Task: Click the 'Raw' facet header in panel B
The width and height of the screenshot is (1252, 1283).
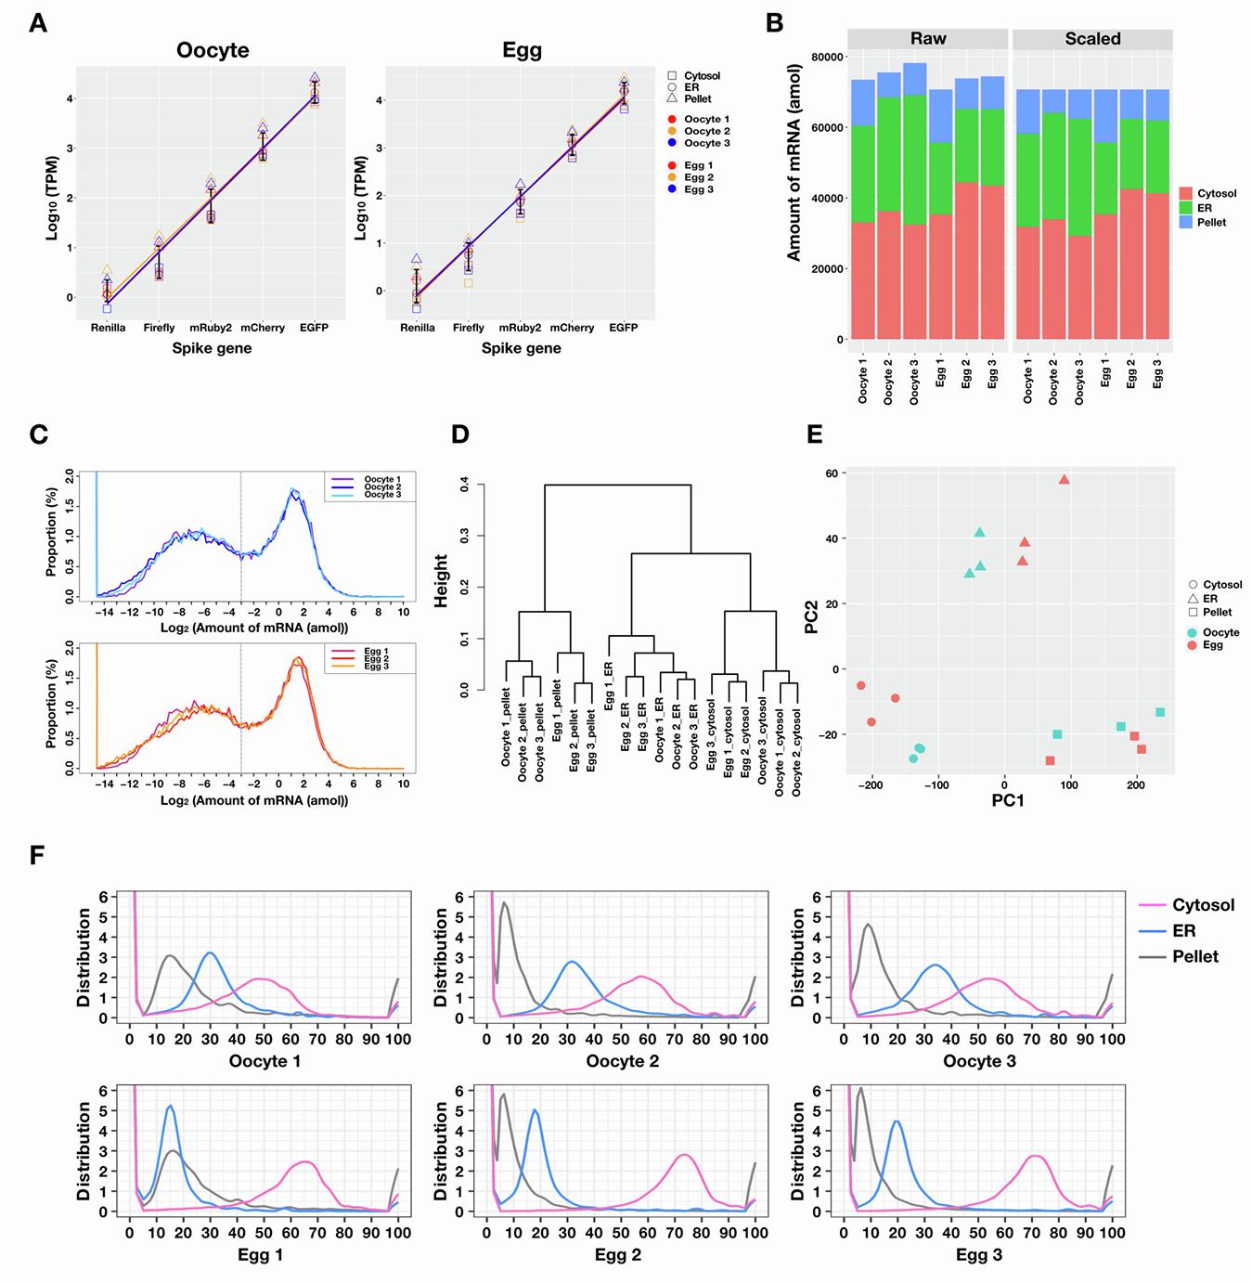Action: pyautogui.click(x=927, y=39)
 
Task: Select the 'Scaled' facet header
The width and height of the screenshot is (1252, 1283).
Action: pyautogui.click(x=1092, y=39)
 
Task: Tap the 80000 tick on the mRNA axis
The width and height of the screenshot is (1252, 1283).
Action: pyautogui.click(x=826, y=58)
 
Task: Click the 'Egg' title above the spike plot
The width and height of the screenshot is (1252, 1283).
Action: pyautogui.click(x=522, y=51)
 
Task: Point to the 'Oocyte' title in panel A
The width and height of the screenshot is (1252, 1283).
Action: pyautogui.click(x=213, y=51)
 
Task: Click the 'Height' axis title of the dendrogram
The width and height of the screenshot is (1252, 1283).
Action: pyautogui.click(x=442, y=581)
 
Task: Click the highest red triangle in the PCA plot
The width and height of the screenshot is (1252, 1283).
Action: pyautogui.click(x=1065, y=480)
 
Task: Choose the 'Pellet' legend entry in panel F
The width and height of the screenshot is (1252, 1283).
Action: pyautogui.click(x=1195, y=956)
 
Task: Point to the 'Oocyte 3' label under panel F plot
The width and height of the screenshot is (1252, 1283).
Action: pyautogui.click(x=979, y=1061)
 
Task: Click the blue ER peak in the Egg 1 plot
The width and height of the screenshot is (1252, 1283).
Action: pyautogui.click(x=170, y=1107)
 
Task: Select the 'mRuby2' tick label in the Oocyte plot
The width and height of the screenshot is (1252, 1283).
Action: pyautogui.click(x=210, y=328)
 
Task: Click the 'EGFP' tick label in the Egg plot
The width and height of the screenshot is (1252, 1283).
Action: pyautogui.click(x=623, y=328)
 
